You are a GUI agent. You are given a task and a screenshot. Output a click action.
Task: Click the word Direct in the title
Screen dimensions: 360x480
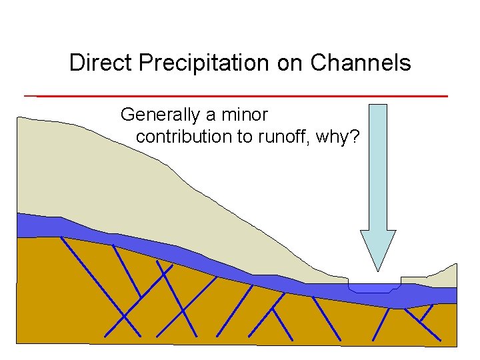[x=94, y=63]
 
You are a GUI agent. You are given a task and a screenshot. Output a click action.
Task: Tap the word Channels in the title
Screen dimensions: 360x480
[x=360, y=63]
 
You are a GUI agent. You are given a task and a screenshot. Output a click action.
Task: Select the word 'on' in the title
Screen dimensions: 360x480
[x=295, y=63]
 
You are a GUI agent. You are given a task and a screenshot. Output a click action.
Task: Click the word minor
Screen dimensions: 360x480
[x=244, y=115]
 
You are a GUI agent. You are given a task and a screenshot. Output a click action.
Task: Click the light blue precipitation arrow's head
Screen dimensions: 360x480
[x=378, y=247]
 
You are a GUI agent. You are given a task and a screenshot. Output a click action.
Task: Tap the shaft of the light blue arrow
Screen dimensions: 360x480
[x=377, y=167]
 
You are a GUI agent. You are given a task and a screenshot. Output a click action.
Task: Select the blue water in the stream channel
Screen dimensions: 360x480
[x=373, y=289]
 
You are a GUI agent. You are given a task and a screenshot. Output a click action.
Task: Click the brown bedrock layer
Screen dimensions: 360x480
[x=67, y=293]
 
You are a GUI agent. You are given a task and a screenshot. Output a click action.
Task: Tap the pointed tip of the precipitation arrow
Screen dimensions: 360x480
[x=378, y=269]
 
